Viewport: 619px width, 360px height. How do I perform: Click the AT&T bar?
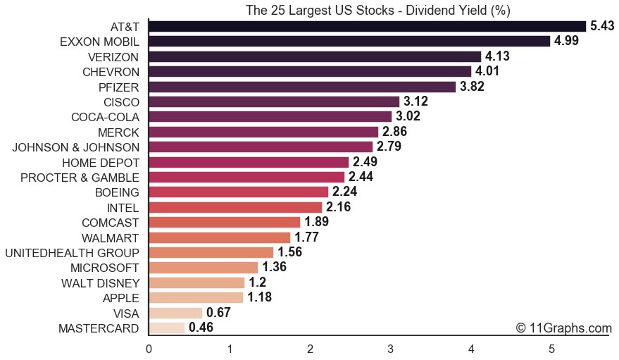click(367, 26)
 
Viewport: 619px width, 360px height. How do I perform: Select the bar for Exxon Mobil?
click(349, 41)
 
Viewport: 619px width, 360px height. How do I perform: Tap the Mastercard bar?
click(167, 328)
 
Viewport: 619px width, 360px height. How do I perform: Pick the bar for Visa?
click(175, 313)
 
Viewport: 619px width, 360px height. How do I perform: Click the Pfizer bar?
click(302, 87)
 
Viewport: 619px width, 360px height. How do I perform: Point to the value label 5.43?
click(602, 26)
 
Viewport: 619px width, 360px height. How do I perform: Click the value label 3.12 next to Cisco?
click(415, 101)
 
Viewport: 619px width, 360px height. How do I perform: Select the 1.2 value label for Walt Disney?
click(257, 283)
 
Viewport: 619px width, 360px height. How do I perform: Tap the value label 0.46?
click(201, 328)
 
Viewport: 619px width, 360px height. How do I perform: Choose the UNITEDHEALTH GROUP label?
click(72, 252)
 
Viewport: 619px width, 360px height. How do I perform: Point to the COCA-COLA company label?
click(105, 117)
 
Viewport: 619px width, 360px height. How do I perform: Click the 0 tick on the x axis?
click(149, 348)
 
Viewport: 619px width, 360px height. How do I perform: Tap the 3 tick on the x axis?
click(390, 348)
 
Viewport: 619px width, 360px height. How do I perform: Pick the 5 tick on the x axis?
click(551, 348)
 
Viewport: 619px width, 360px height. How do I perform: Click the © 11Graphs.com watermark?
click(563, 328)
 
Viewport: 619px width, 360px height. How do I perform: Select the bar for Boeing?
click(238, 192)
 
